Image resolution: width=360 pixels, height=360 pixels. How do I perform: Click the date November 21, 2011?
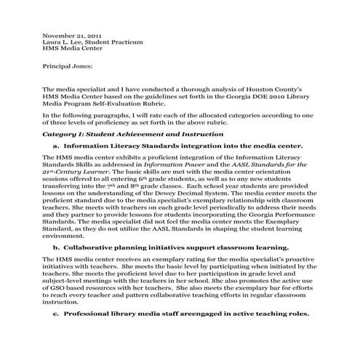click(71, 35)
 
